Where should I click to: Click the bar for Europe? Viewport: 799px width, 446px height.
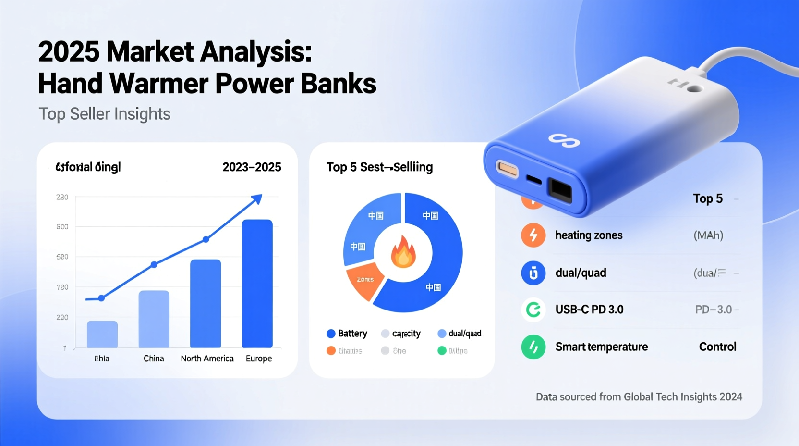click(257, 284)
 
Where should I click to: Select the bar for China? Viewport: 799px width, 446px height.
click(154, 319)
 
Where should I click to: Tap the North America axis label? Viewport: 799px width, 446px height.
click(207, 359)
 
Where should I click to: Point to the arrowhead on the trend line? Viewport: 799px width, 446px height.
click(258, 198)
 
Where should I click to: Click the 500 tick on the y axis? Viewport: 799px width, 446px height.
click(62, 227)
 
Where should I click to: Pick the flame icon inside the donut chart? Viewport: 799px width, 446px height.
click(403, 252)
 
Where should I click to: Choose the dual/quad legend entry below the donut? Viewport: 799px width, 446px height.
click(460, 334)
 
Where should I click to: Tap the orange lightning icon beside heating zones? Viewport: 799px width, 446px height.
click(533, 235)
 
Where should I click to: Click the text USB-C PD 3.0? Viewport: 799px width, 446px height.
click(589, 310)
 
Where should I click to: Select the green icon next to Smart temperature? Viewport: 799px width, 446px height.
click(533, 347)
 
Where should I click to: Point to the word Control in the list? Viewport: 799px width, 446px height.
click(717, 347)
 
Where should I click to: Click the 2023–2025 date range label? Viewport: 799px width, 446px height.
click(252, 167)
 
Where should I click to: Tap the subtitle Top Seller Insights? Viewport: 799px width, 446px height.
click(104, 114)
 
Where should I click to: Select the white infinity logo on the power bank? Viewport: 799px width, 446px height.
click(564, 140)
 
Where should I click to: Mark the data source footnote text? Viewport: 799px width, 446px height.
click(639, 397)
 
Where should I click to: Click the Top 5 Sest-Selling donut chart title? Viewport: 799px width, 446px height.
click(379, 167)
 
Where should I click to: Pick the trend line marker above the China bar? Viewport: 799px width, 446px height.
click(154, 265)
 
